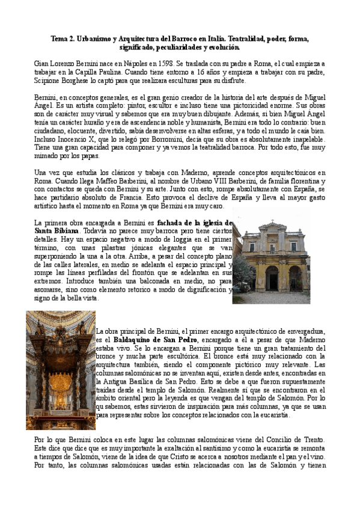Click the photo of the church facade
(271, 263)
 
